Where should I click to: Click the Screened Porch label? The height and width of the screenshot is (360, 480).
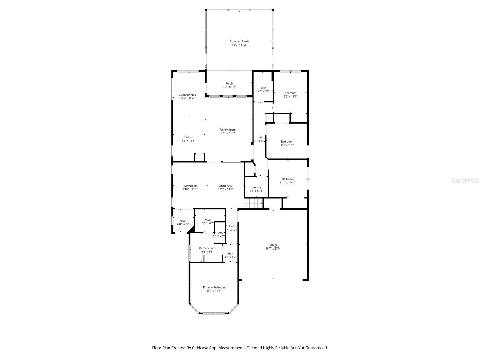239,41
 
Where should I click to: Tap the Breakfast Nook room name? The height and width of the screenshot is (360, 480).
188,95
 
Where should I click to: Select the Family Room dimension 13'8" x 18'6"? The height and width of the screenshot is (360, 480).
228,133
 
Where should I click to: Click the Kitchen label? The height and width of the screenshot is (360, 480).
188,137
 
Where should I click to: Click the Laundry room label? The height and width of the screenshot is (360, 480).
256,187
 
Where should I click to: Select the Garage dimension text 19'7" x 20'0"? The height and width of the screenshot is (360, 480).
273,249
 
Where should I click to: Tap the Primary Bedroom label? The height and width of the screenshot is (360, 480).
214,287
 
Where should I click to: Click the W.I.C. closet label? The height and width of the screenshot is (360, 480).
208,220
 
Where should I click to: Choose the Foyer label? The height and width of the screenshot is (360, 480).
183,221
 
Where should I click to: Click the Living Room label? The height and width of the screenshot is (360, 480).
190,186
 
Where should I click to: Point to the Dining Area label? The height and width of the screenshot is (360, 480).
225,186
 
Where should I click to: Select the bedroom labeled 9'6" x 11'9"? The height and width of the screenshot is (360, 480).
290,95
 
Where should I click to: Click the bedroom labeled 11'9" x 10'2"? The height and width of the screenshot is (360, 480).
286,143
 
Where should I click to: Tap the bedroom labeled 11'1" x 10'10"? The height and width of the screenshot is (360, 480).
288,181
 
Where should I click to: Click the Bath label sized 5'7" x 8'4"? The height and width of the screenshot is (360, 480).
263,88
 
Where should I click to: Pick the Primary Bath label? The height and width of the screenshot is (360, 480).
207,248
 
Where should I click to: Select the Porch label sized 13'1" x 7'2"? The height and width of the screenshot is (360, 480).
229,84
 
